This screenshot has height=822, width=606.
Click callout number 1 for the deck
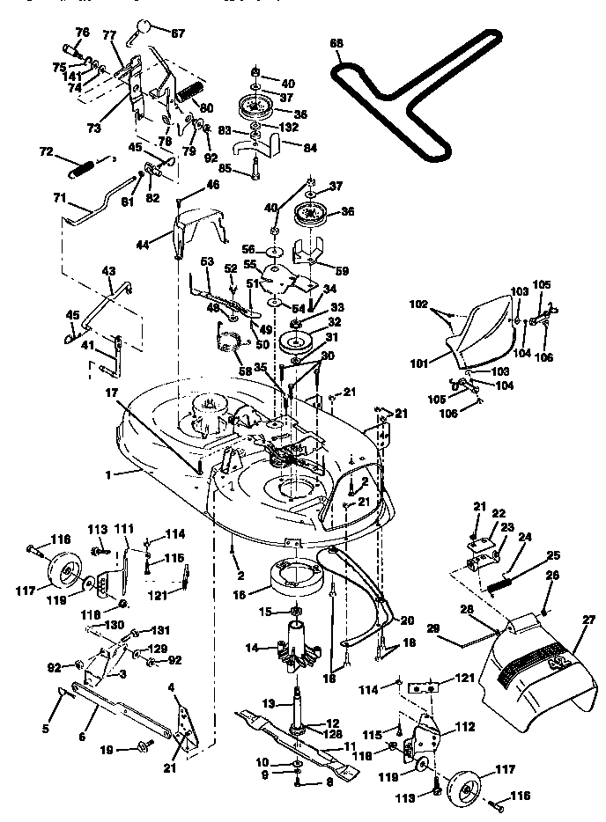(x=107, y=473)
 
